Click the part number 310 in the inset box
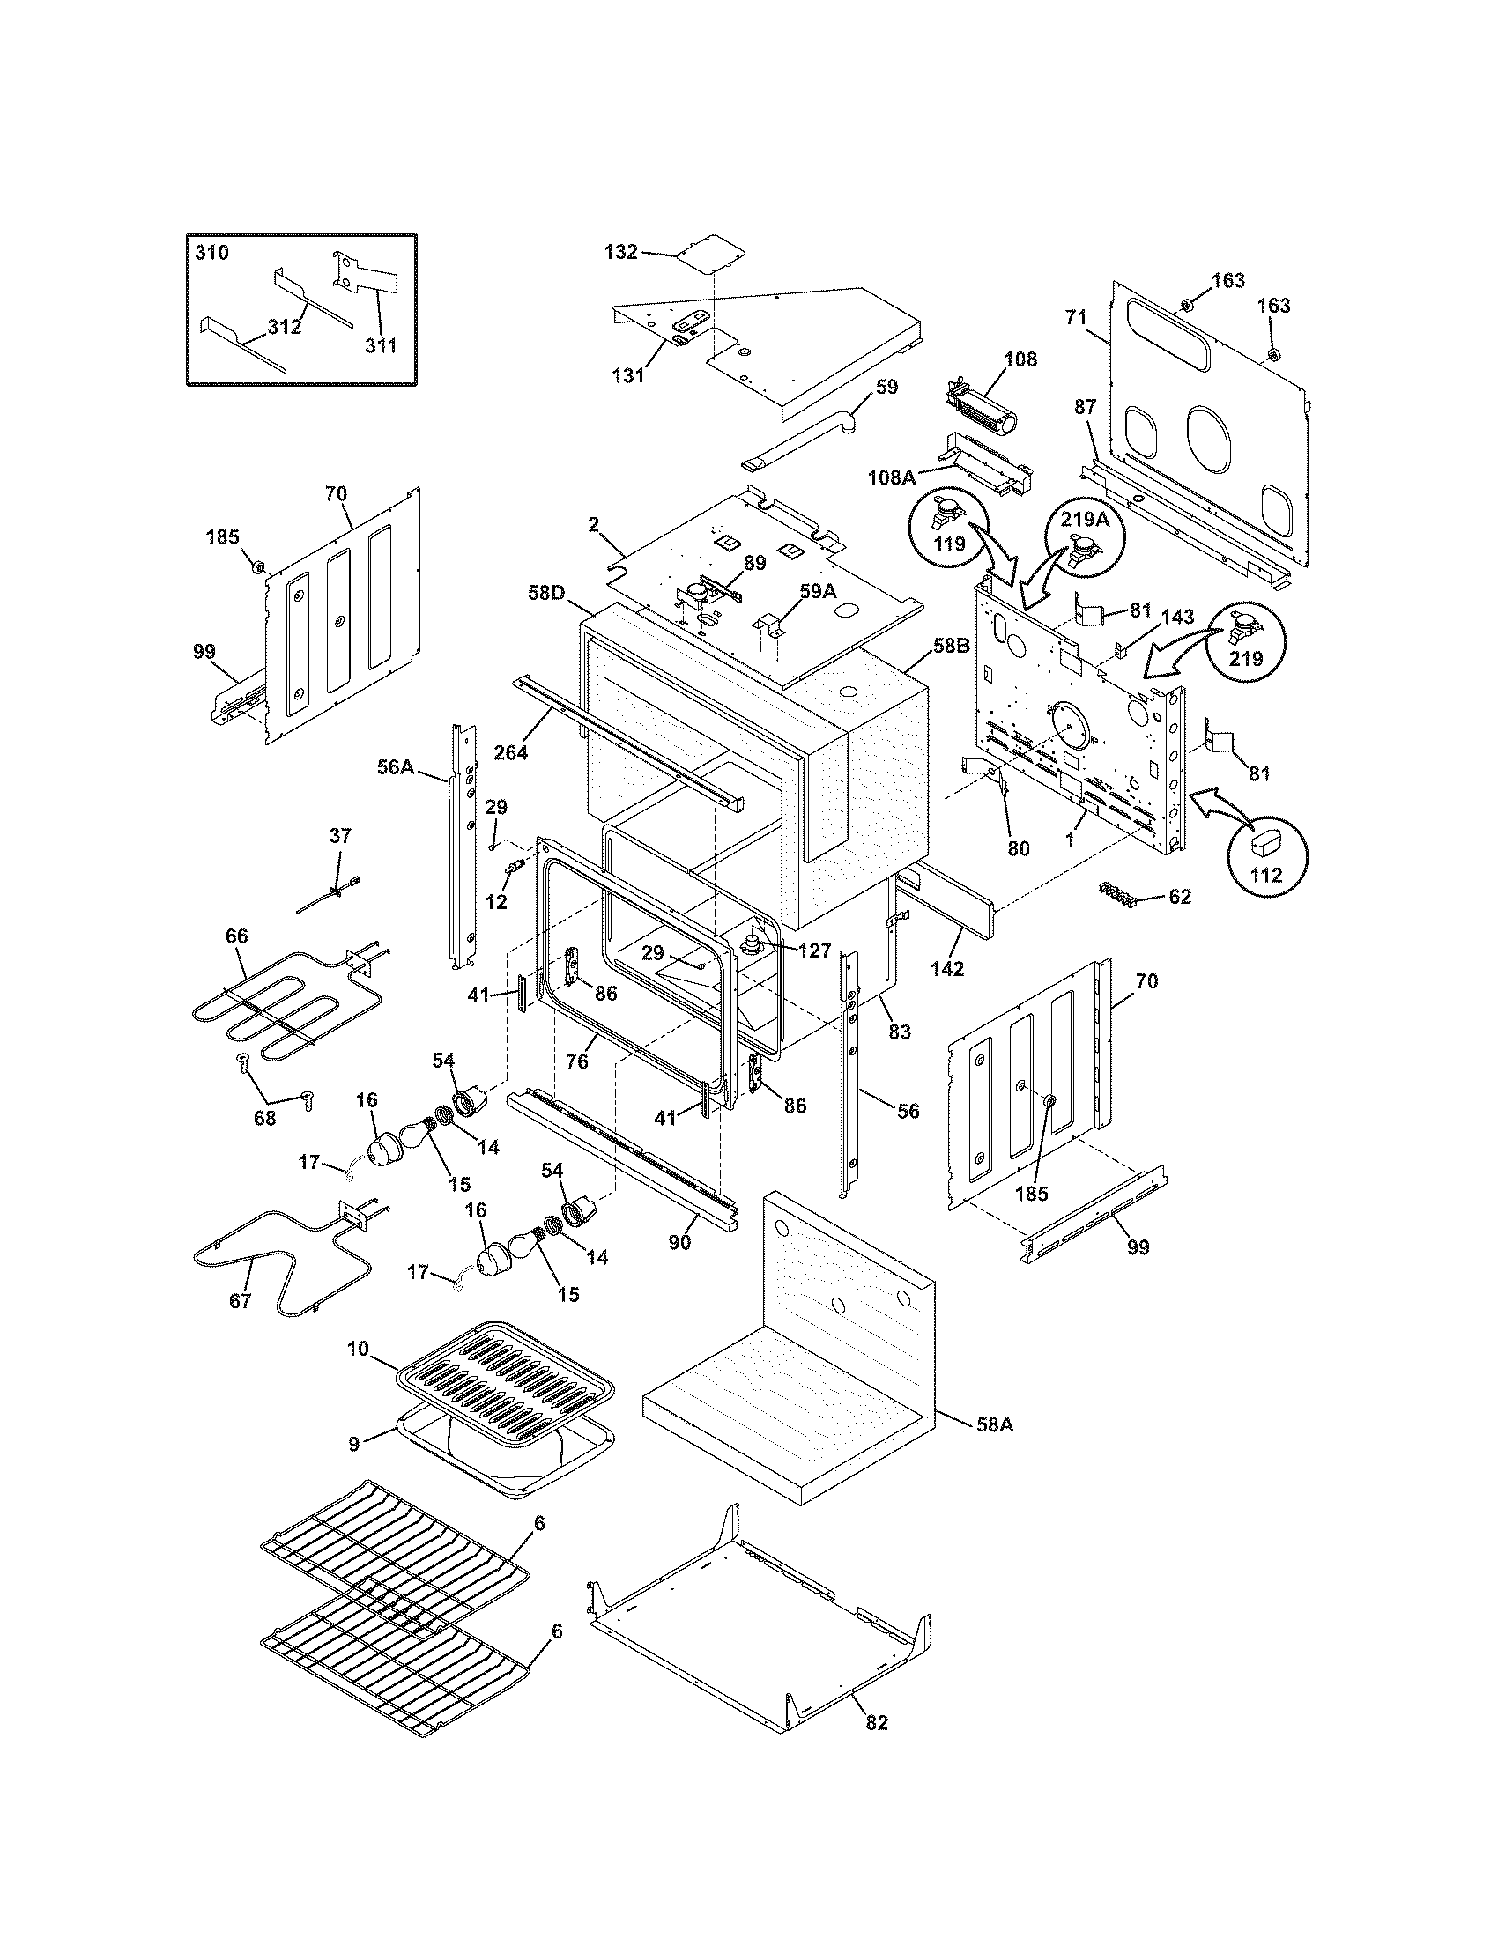point(211,253)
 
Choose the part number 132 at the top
point(620,252)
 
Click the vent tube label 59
point(886,387)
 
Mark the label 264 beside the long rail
point(510,752)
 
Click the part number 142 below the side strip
point(947,968)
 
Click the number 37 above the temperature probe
point(340,835)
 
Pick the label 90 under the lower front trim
point(679,1243)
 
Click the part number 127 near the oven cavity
point(814,951)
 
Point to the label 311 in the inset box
point(381,345)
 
